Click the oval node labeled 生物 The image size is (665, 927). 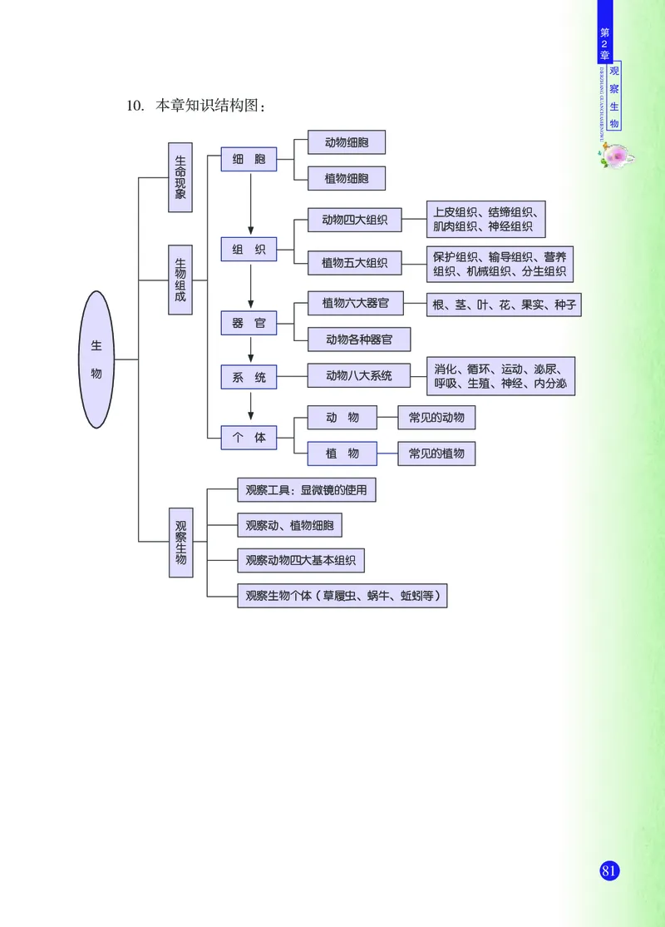click(x=97, y=359)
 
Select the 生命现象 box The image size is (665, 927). click(x=180, y=177)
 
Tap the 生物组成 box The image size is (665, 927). click(x=180, y=280)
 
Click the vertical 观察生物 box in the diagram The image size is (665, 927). click(x=180, y=542)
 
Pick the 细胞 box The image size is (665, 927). click(x=249, y=159)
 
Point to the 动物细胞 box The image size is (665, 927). click(x=347, y=142)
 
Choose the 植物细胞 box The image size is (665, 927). click(x=347, y=178)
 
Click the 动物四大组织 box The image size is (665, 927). click(x=354, y=221)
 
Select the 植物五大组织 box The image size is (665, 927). click(x=354, y=263)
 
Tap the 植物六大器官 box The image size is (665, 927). click(x=355, y=303)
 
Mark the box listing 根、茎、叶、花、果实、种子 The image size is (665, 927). click(x=504, y=305)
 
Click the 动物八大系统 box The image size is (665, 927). click(x=359, y=375)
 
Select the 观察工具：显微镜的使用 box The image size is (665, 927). click(x=306, y=491)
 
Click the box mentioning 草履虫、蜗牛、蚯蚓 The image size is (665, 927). click(x=342, y=596)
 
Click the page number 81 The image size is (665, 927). click(x=608, y=870)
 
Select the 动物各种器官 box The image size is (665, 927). click(x=358, y=340)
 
